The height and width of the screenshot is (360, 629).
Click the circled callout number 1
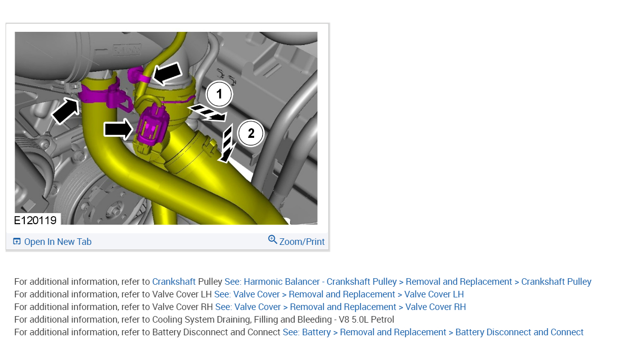(219, 94)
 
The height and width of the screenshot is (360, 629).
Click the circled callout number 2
(251, 133)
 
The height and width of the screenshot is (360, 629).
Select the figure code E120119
(35, 221)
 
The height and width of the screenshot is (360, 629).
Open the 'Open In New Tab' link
(58, 241)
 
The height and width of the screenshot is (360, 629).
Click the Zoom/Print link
(302, 241)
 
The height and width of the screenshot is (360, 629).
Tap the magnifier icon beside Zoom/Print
(272, 240)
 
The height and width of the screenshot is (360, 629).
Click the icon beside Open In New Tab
(17, 241)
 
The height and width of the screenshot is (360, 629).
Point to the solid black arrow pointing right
(118, 129)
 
